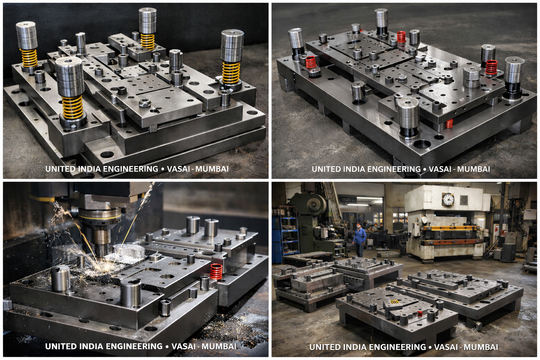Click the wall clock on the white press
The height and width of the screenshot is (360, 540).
point(448,199)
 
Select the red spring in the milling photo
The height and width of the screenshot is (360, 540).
point(216,271)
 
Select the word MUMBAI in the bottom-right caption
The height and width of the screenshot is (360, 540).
point(481,347)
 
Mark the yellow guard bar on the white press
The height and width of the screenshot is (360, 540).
point(451,228)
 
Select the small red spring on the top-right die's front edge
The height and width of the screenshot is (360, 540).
point(449,124)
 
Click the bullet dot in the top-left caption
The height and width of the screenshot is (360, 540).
point(162,169)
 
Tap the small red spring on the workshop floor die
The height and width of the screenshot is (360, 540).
point(419,313)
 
